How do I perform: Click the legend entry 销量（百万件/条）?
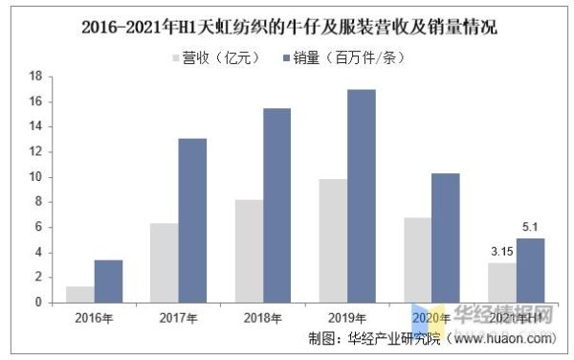tap(346, 57)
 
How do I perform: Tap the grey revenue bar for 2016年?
tap(79, 294)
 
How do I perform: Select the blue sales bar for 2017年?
tap(192, 220)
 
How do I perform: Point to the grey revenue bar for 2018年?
tap(248, 251)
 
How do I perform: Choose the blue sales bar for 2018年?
tap(276, 205)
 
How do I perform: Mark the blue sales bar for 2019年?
tap(361, 195)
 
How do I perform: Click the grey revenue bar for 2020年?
tap(416, 259)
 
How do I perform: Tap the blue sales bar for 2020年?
tap(445, 237)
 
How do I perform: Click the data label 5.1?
tap(530, 228)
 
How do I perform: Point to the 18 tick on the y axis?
tap(35, 76)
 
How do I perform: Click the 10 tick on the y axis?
tap(35, 177)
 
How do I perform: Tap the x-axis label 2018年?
tap(262, 317)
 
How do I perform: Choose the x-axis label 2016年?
tap(94, 317)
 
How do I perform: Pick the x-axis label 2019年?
tap(346, 317)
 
